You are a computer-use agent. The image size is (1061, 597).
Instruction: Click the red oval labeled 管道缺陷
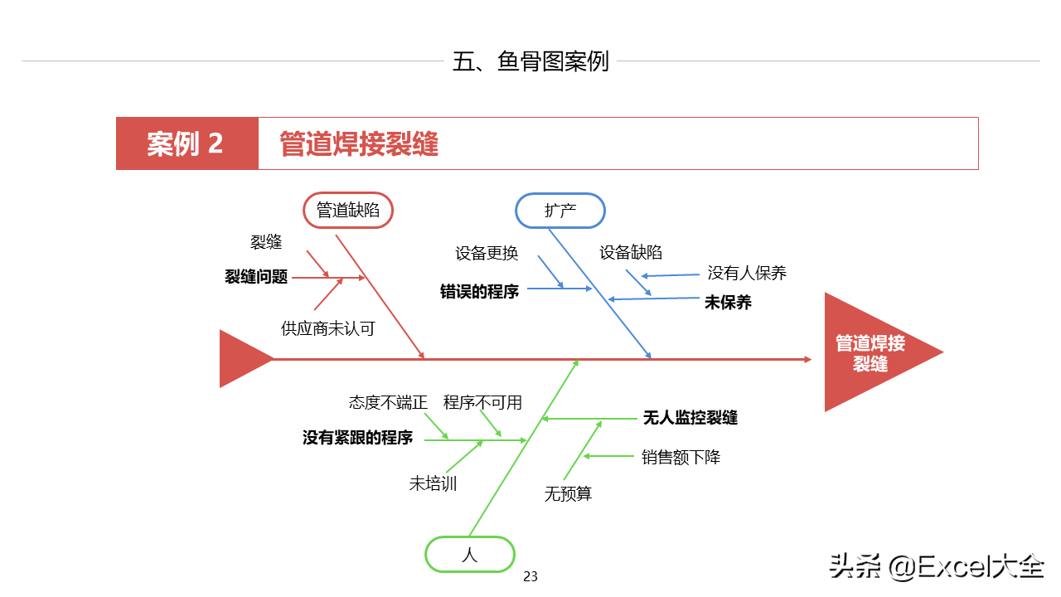coord(347,211)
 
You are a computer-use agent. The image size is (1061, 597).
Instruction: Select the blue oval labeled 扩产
coord(560,211)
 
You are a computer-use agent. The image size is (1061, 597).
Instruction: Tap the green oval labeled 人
coord(470,555)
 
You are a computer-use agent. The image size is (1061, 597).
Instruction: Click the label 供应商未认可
coord(328,328)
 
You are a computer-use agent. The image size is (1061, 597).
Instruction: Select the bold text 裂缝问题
coord(256,277)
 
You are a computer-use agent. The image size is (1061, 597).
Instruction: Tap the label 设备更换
coord(487,253)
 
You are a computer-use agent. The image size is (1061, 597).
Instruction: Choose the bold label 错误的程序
coord(479,291)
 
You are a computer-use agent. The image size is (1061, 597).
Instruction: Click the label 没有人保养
coord(747,273)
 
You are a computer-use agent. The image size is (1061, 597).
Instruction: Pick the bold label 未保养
coord(728,303)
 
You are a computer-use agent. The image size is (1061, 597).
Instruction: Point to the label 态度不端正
coord(388,403)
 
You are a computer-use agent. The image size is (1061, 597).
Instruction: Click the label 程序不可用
coord(482,403)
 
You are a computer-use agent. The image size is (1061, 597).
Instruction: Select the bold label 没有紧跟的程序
coord(357,438)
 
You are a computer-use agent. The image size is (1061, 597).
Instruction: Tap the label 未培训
coord(433,483)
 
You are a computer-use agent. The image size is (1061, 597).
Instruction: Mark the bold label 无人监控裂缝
coord(690,418)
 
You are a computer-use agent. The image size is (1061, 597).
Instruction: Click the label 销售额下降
coord(681,457)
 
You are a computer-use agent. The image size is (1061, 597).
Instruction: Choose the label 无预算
coord(568,494)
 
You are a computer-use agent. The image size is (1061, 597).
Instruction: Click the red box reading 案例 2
coord(187,143)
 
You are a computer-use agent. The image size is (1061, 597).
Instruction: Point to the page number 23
coord(530,576)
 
